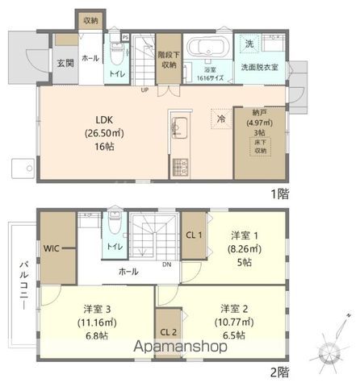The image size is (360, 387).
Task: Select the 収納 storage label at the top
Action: [x=90, y=21]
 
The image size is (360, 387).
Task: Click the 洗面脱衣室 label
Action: [x=260, y=68]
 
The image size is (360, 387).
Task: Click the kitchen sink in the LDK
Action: [x=179, y=127]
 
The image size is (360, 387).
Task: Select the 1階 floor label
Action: [x=279, y=193]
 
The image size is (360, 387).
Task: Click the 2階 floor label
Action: [x=279, y=372]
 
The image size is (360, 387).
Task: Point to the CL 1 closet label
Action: [x=194, y=235]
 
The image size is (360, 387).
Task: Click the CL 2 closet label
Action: [x=167, y=332]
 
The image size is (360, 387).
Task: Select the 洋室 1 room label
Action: [x=246, y=235]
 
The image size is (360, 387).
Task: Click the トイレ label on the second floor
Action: [x=115, y=246]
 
